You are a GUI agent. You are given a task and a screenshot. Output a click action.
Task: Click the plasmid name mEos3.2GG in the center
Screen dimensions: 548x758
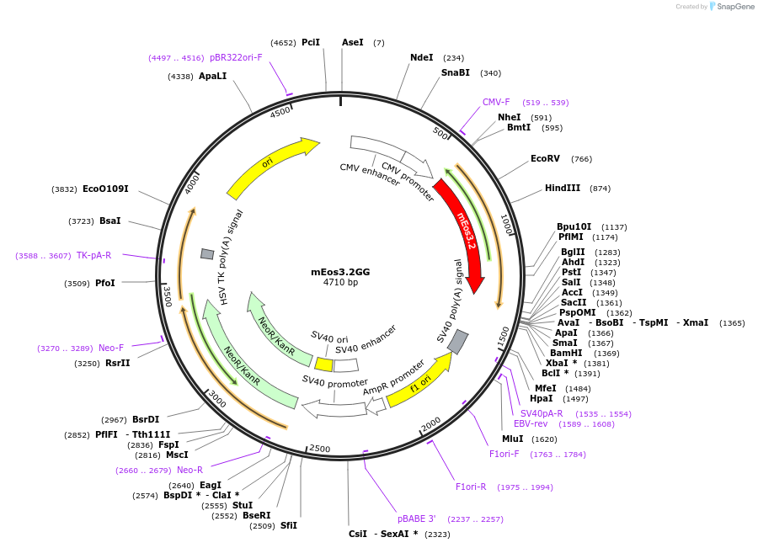pos(340,272)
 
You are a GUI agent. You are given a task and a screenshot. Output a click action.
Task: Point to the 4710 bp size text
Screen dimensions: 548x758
pos(340,283)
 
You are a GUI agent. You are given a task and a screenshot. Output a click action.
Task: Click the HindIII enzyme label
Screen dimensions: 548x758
pos(562,188)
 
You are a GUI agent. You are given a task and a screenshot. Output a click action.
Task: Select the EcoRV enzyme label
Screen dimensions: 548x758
pos(545,158)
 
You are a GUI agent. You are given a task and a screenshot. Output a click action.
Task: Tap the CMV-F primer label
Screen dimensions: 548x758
pos(496,102)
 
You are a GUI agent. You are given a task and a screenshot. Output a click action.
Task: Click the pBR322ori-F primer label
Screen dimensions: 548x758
pos(236,57)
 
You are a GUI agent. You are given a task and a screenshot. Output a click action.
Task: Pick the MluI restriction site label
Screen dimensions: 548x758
pos(512,439)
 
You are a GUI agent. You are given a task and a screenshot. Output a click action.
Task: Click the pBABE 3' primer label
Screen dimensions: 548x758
pos(417,519)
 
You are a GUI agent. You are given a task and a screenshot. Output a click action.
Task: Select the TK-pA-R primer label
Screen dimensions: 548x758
pos(93,255)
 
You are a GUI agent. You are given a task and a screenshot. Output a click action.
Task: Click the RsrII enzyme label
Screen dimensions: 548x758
pos(117,363)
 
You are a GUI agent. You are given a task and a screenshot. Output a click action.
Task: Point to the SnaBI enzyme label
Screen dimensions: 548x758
pos(455,72)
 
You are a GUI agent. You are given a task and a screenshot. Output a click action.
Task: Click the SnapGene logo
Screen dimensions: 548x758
pos(732,7)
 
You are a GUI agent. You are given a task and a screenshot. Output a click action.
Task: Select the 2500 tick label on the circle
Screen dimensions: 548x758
pos(320,449)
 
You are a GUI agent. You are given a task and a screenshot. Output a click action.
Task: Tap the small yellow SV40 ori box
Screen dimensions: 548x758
pos(323,364)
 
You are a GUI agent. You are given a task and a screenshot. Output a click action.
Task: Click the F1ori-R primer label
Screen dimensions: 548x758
pos(471,487)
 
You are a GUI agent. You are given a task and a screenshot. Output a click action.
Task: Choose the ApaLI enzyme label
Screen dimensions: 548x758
pos(212,76)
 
